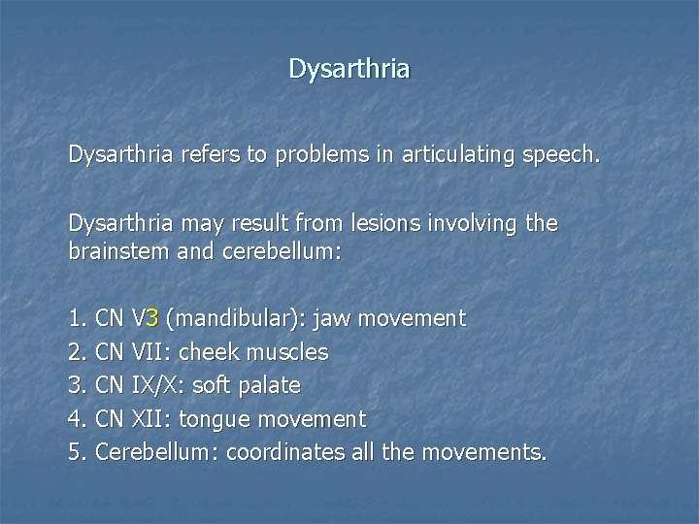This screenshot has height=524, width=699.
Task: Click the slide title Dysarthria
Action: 349,69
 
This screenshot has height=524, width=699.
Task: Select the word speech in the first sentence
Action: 557,155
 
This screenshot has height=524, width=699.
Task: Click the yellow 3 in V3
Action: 153,318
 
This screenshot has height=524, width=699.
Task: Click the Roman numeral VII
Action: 146,351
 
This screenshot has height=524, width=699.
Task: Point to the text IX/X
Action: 155,385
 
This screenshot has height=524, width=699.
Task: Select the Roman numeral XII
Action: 149,419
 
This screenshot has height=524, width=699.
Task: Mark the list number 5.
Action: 76,452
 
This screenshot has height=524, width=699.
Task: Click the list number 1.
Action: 76,318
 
